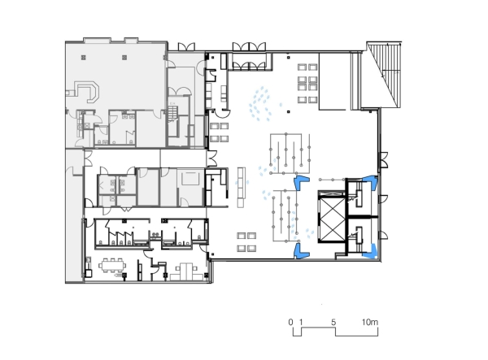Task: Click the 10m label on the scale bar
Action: coord(370,322)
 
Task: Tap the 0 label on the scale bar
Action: coord(290,322)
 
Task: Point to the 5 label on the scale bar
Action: coord(333,322)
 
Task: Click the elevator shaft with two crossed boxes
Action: coord(332,217)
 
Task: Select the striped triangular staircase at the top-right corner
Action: coord(384,75)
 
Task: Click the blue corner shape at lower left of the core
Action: coord(300,251)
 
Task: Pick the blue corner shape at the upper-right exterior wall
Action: coord(372,180)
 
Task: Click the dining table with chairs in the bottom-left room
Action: coord(112,265)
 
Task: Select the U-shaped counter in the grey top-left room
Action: coord(88,92)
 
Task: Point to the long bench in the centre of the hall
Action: coord(242,187)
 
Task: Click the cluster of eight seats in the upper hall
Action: coord(307,84)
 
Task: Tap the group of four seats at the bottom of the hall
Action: coord(246,242)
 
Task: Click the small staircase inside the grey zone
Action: coord(172,115)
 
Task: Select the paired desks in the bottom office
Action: coord(186,271)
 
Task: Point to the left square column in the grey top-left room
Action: coord(84,58)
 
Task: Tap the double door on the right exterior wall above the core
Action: coord(384,159)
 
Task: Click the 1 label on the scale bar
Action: coord(301,322)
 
